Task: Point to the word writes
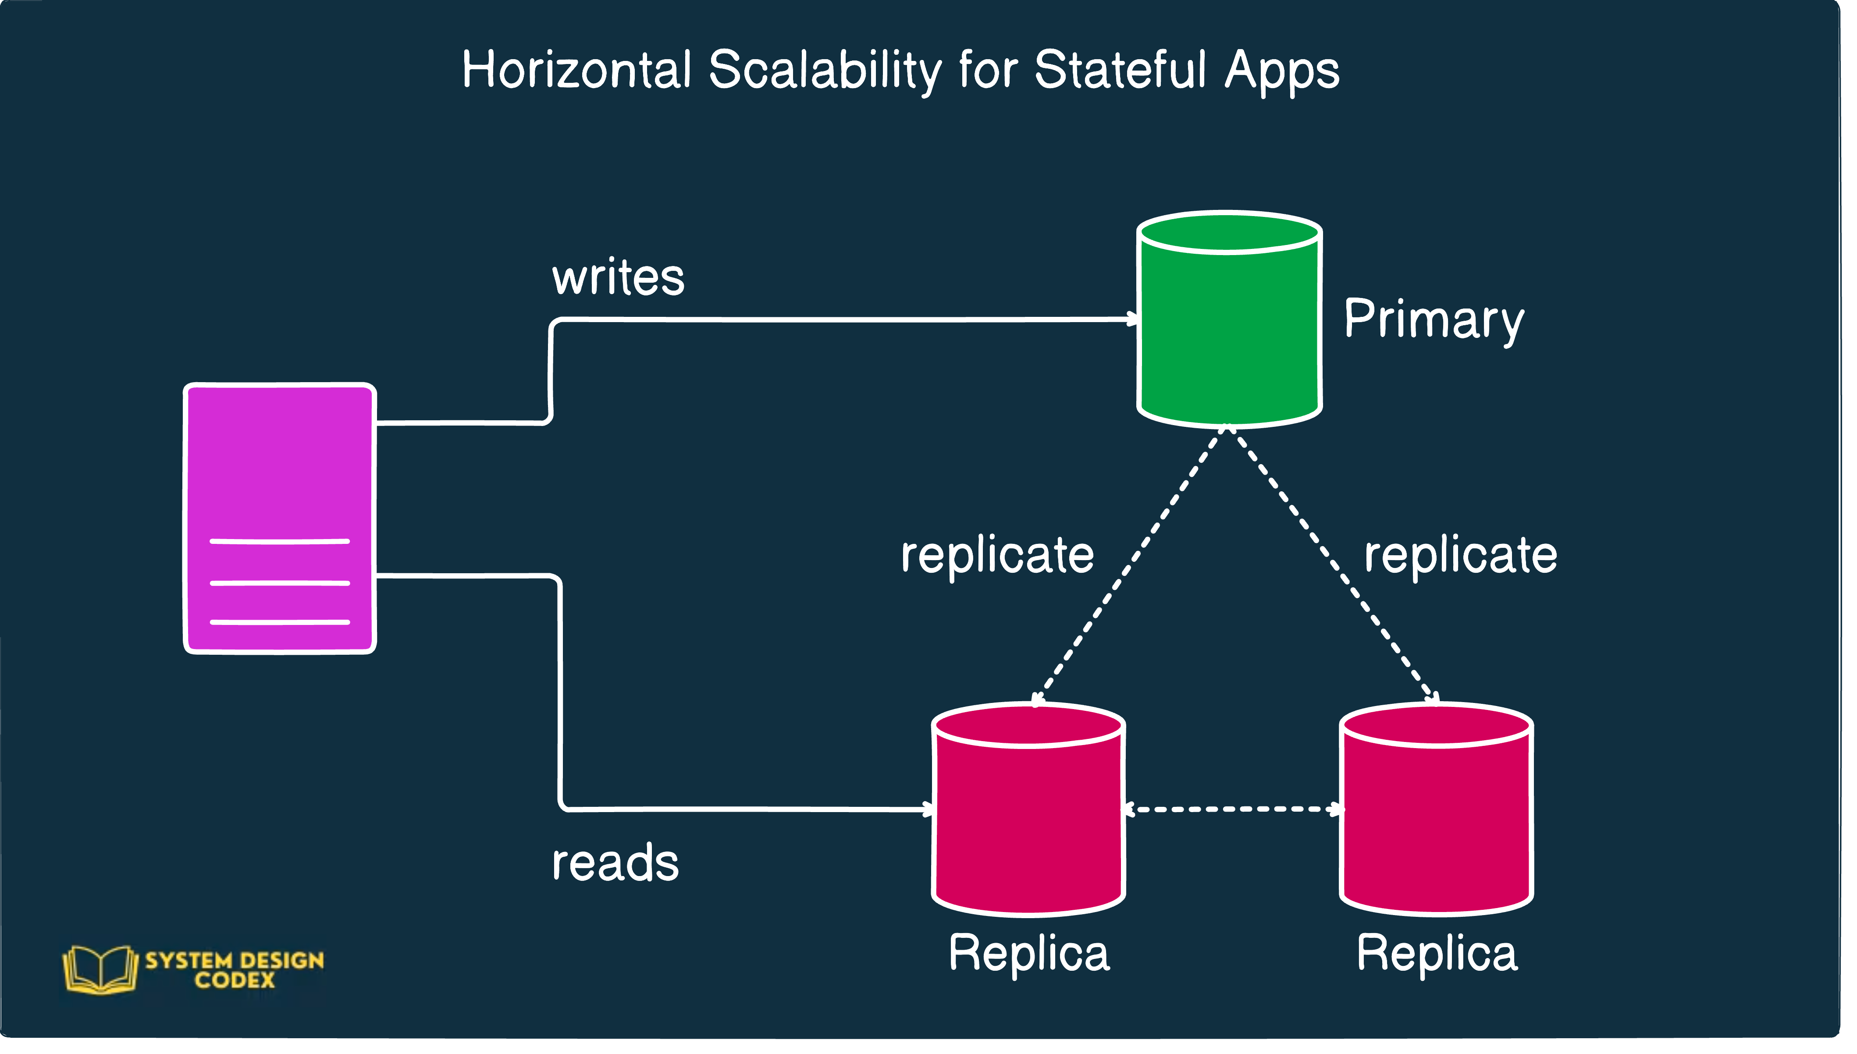point(618,277)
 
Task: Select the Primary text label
point(1434,320)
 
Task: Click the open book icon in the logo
point(100,970)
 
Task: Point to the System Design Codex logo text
point(235,970)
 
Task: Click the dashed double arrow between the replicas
point(1232,809)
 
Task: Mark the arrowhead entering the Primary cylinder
point(1131,319)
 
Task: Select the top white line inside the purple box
point(279,541)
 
